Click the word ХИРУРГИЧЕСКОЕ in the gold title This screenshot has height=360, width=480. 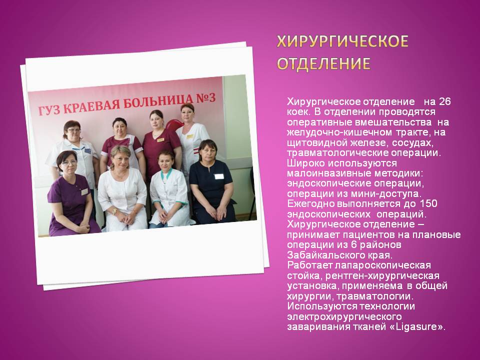coord(342,41)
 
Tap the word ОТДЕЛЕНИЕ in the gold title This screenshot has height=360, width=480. coord(323,63)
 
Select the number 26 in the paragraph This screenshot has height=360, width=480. coord(444,101)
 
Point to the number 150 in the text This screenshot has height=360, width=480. coord(428,203)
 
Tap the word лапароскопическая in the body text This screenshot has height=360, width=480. coord(383,265)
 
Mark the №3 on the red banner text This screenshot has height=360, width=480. coord(206,98)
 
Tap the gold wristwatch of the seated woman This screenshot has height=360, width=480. coord(114,211)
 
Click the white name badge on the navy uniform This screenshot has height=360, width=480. coord(219,176)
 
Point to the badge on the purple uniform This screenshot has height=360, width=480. coord(84,192)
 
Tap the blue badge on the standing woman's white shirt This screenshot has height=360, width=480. coord(88,150)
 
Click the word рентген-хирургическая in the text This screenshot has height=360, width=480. coord(382,275)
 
